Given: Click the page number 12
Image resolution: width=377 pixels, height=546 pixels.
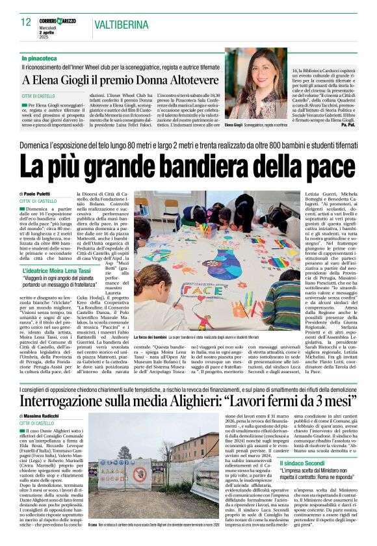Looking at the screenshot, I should [26, 21].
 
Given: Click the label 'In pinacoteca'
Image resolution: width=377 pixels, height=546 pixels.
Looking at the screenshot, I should [39, 58].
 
